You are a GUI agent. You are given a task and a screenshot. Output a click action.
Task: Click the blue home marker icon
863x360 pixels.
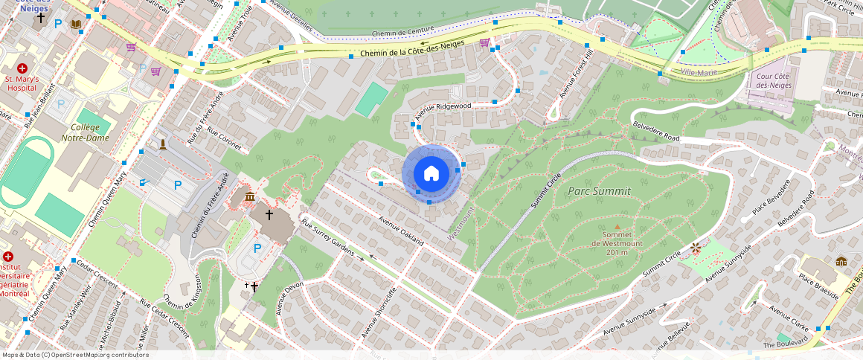tap(431, 173)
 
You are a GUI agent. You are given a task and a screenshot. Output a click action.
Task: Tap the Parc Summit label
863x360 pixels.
tap(600, 191)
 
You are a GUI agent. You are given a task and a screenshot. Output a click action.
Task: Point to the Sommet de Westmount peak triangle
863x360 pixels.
tap(616, 227)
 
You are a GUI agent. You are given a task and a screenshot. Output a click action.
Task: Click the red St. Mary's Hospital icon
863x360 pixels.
tap(22, 68)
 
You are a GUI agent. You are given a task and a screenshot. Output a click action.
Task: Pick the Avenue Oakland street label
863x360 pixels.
tap(401, 231)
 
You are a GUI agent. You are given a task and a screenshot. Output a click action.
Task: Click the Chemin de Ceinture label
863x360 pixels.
tap(402, 33)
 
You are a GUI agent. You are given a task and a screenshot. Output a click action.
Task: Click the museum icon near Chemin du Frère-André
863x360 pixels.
tap(248, 196)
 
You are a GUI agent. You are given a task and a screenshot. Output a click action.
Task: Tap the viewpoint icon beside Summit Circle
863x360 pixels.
tap(696, 247)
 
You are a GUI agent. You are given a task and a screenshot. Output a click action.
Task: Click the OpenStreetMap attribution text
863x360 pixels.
tap(76, 355)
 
